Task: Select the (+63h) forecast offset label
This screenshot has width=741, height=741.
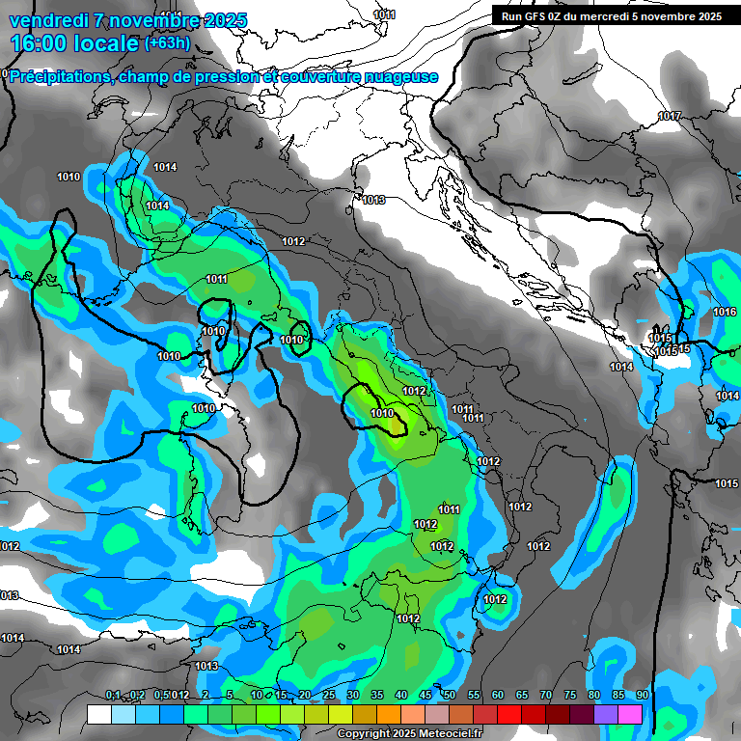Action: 167,43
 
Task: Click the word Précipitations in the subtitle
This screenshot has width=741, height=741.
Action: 58,77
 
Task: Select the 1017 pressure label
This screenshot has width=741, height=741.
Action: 670,117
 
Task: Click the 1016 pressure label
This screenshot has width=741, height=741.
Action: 725,312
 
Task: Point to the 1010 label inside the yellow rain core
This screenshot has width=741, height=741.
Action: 382,414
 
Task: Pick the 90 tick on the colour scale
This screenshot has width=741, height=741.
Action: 642,696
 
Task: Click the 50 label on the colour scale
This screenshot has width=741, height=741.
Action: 450,696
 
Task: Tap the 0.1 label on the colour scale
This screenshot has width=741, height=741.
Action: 113,696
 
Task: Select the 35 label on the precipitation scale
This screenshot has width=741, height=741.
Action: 377,696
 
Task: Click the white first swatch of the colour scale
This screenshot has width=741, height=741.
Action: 98,715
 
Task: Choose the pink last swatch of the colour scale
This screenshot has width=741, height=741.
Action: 630,715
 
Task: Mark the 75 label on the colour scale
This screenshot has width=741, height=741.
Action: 570,696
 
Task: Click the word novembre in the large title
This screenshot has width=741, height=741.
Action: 148,20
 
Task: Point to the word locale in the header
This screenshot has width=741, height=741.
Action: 104,44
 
